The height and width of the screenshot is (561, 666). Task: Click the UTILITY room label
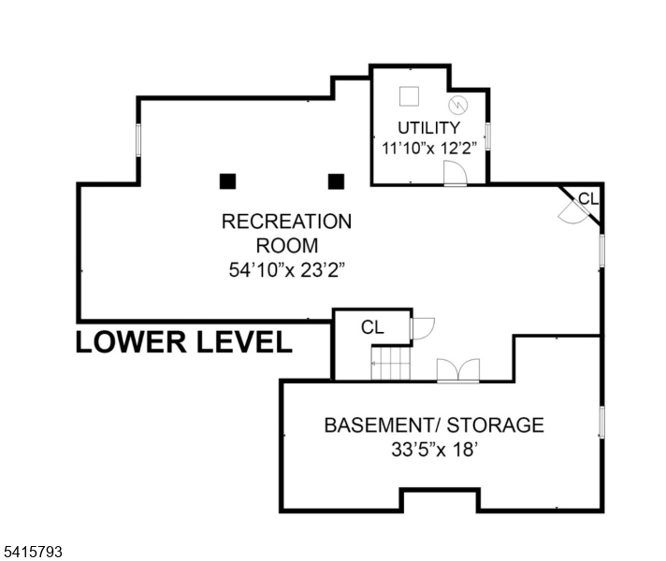click(428, 127)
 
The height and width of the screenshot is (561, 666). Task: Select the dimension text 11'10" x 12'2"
click(428, 148)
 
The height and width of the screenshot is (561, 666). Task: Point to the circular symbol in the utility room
click(456, 105)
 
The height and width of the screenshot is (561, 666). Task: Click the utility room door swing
click(455, 174)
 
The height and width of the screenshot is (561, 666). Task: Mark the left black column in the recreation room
click(227, 180)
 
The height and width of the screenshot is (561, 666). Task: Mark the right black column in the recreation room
click(336, 180)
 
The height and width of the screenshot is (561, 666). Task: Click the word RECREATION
click(286, 222)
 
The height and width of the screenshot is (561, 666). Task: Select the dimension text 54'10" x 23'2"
click(286, 271)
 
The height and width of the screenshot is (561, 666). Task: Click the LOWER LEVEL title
click(183, 342)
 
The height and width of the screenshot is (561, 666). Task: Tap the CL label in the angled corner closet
click(587, 198)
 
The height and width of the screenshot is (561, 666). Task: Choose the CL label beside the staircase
click(372, 327)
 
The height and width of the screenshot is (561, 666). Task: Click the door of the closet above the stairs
click(422, 328)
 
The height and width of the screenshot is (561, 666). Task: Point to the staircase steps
click(390, 362)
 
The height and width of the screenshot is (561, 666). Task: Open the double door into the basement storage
click(458, 369)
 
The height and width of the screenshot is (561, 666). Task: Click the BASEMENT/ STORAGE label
click(433, 425)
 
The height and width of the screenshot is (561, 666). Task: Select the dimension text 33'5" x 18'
click(433, 449)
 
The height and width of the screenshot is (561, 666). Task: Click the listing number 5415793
click(33, 553)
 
